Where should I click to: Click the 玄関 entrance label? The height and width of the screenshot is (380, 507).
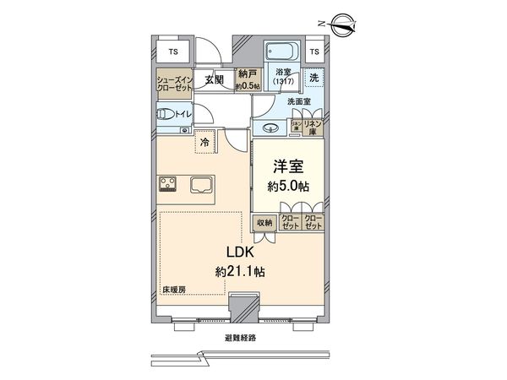214,80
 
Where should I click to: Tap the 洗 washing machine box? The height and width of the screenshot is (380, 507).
314,79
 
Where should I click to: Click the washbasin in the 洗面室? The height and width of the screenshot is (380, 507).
270,128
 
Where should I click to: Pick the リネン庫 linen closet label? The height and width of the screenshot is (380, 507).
313,127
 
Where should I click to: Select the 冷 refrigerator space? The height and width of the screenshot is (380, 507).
204,144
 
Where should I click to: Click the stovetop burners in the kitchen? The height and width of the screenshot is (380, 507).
166,185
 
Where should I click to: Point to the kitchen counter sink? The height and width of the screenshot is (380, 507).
202,185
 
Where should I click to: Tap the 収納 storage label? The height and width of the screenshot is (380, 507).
264,223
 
